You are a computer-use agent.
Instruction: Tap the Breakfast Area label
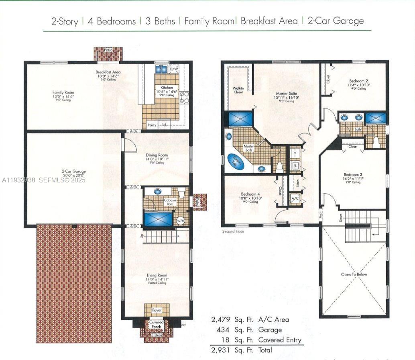click(x=108, y=72)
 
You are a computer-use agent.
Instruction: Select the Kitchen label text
click(x=167, y=88)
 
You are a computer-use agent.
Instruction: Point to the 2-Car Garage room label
click(x=74, y=172)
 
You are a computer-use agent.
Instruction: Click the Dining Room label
click(x=157, y=155)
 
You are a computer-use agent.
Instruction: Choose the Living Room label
click(x=157, y=276)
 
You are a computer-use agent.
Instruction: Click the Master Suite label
click(x=287, y=94)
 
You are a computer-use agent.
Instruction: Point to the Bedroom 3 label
click(x=353, y=174)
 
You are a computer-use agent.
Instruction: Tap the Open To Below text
click(x=354, y=274)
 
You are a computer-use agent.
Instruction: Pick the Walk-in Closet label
click(x=238, y=90)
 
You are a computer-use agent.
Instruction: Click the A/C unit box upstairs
click(x=295, y=198)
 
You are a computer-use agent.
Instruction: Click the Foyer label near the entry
click(x=157, y=310)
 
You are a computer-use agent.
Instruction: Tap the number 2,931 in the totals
click(x=222, y=350)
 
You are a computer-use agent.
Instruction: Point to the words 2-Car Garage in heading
click(x=336, y=21)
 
